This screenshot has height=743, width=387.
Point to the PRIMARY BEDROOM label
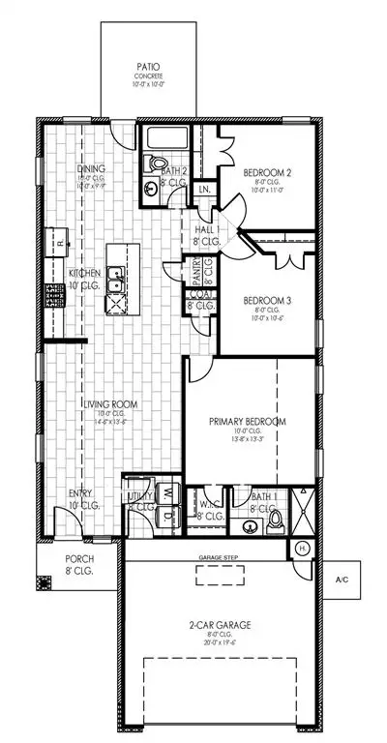click(248, 422)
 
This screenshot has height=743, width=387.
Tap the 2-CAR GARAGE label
click(221, 625)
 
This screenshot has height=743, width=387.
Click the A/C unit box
click(341, 580)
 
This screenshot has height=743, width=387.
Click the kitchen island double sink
click(115, 283)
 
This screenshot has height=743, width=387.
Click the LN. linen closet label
click(204, 190)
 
